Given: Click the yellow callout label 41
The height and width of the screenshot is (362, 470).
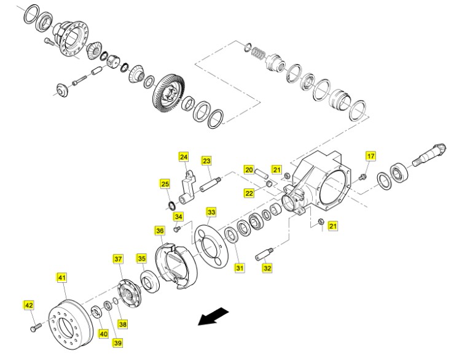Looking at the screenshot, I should point(61,277).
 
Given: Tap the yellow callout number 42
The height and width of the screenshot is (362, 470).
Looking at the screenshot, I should point(29,305).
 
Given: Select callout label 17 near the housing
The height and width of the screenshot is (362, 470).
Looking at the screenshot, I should point(370,156).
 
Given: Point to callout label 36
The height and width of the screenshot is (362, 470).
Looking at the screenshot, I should point(160,231).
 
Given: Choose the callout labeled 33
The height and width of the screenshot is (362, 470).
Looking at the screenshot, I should point(211,212).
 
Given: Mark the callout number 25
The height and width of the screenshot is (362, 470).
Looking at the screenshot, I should point(165,183).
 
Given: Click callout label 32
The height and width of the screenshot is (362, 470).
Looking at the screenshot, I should point(267,268).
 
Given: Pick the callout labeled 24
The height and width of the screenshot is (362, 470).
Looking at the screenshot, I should point(184,157).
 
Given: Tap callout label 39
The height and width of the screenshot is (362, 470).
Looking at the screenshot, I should point(117,342).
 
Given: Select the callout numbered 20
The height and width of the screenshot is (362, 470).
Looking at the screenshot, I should point(249,169).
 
